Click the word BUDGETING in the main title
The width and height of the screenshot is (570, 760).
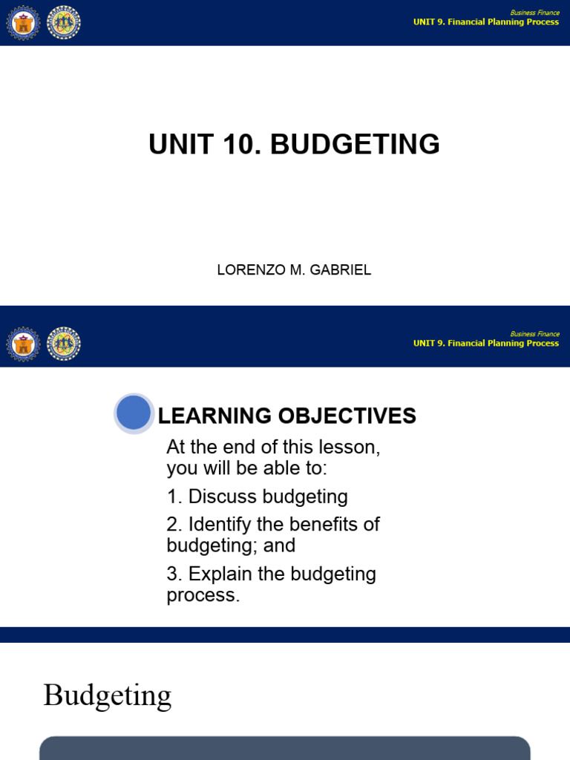[355, 145]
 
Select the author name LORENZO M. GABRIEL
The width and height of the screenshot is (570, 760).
[294, 270]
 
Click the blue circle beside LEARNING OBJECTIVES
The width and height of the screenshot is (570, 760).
[134, 413]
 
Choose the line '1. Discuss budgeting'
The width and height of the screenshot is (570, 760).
[257, 497]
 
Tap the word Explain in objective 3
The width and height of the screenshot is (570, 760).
[215, 574]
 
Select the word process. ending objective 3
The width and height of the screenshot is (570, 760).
[203, 595]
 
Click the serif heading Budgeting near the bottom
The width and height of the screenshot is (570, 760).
[108, 695]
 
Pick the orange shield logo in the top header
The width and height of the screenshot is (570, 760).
[22, 23]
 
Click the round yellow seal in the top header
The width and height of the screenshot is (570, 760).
[64, 23]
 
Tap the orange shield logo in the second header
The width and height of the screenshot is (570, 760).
[22, 344]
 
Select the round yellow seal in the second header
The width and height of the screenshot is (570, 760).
[64, 344]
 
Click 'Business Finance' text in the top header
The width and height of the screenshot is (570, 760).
[534, 13]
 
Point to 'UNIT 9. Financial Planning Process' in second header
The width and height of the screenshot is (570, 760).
[486, 344]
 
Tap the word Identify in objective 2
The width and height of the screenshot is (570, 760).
[217, 524]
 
